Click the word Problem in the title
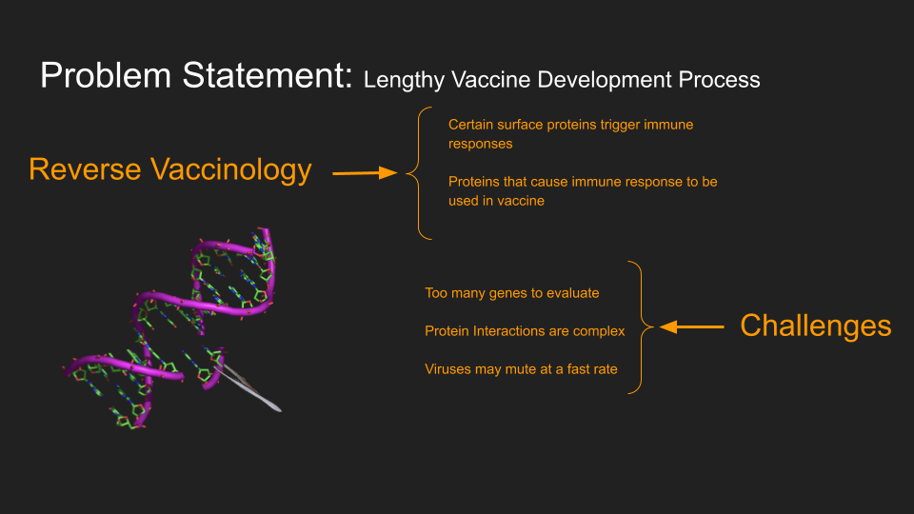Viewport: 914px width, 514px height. click(x=106, y=75)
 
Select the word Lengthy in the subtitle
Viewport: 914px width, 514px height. click(x=404, y=80)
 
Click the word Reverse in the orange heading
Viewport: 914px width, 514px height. click(x=85, y=169)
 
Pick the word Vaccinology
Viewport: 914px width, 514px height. click(x=230, y=170)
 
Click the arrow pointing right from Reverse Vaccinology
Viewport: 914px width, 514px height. click(x=365, y=172)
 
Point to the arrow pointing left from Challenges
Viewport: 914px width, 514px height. click(x=692, y=326)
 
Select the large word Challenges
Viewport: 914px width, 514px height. click(x=816, y=326)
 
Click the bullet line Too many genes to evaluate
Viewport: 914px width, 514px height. click(x=512, y=292)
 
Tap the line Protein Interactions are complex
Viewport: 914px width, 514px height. click(x=525, y=331)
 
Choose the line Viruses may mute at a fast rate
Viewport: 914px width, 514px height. click(x=521, y=369)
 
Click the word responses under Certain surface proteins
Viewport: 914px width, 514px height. click(x=480, y=144)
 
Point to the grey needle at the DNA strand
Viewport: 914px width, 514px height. click(x=248, y=387)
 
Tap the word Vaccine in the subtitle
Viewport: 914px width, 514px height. click(x=491, y=79)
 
